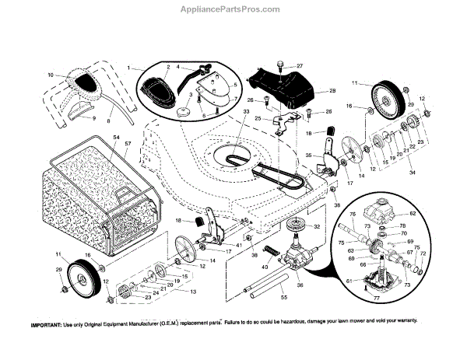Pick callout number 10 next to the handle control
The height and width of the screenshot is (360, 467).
[51, 75]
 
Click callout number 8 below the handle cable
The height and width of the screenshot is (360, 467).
[110, 121]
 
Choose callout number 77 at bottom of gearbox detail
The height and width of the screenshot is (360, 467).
[376, 299]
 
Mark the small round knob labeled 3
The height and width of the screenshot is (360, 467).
[185, 110]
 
